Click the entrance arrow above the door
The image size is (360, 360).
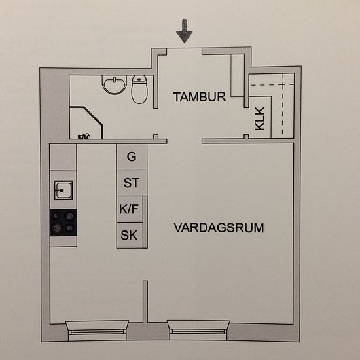185,31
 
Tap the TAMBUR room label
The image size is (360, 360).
200,97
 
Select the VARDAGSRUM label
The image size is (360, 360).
219,228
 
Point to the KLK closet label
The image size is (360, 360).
260,118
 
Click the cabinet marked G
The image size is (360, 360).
132,157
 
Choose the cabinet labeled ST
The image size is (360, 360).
132,183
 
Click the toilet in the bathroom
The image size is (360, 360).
139,90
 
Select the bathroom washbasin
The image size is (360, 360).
115,85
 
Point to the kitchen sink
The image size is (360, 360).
63,190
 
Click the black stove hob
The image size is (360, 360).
63,223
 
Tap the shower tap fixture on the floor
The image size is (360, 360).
84,136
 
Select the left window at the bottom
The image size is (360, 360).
97,331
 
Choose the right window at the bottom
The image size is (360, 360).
198,330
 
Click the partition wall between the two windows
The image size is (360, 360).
145,302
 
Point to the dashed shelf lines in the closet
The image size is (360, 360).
283,103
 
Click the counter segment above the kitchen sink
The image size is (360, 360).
63,157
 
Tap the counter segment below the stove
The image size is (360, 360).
63,242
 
